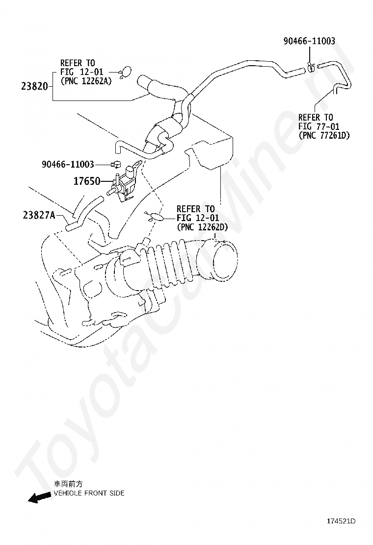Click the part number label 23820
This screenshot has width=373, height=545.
click(x=34, y=87)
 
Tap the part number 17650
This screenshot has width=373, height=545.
click(x=87, y=181)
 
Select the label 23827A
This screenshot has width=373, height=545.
click(x=39, y=215)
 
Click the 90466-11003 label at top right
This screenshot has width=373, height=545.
click(x=309, y=41)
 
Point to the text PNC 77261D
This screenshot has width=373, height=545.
click(x=324, y=135)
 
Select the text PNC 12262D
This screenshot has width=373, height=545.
click(x=203, y=227)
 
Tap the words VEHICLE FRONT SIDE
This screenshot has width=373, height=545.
click(x=89, y=493)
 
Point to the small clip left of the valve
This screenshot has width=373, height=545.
click(x=117, y=165)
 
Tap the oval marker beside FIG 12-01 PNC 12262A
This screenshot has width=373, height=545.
click(x=125, y=72)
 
